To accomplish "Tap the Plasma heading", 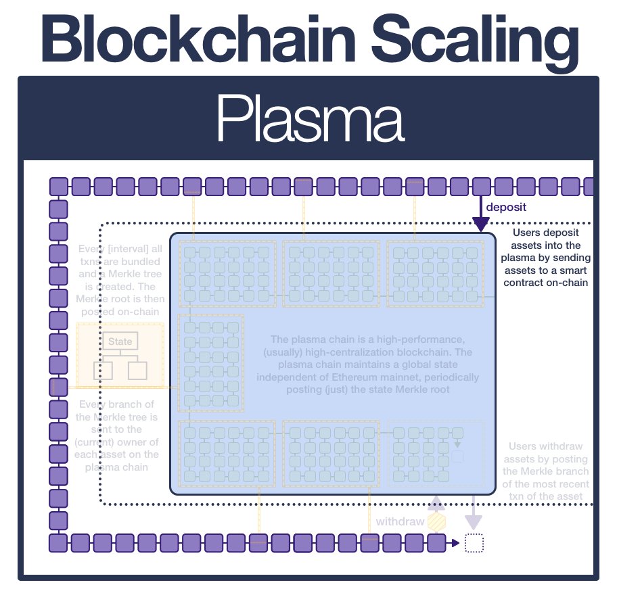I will click(x=309, y=119).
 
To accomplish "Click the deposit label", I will click(x=507, y=207).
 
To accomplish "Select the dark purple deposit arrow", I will click(x=481, y=215).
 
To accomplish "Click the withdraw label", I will click(x=400, y=522).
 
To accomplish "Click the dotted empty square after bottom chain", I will click(x=475, y=543).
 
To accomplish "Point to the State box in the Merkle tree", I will click(x=120, y=341).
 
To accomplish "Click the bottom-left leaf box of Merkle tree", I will click(x=102, y=371).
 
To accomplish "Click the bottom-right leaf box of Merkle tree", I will click(x=137, y=371).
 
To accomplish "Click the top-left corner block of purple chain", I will click(x=59, y=186).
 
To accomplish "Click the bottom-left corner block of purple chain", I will click(x=59, y=542).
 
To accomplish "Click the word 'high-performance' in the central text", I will click(x=423, y=339).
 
